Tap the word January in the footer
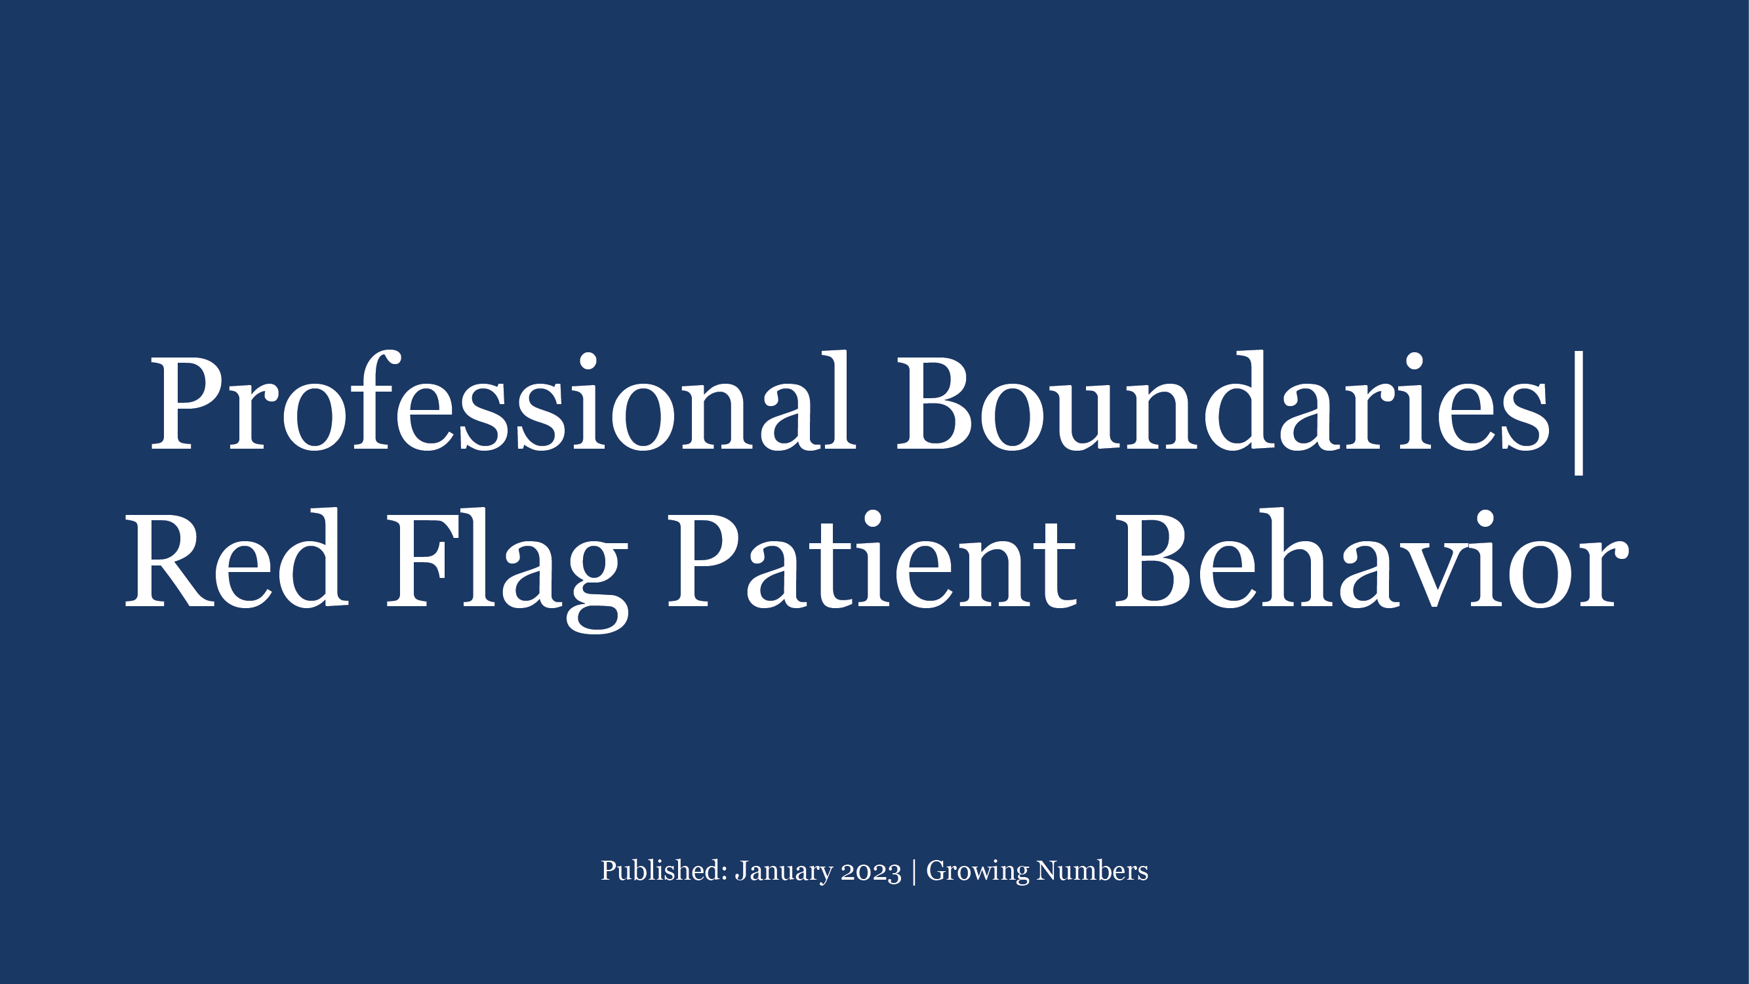click(x=784, y=871)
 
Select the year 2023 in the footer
click(x=871, y=871)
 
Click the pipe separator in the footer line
click(x=914, y=871)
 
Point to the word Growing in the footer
click(x=977, y=871)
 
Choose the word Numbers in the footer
click(x=1093, y=871)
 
